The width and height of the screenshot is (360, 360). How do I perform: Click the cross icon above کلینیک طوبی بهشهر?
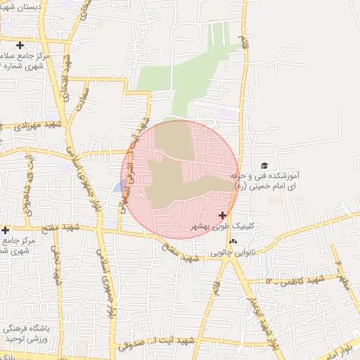223,215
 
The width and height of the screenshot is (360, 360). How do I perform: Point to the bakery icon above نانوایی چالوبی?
233,240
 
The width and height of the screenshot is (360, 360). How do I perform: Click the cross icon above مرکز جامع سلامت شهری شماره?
20,45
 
